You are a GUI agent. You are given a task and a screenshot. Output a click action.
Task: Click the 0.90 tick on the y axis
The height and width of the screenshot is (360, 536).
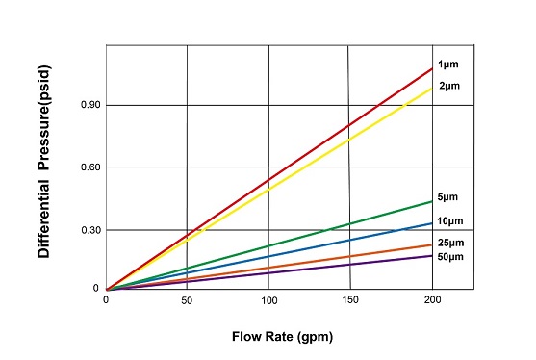90,105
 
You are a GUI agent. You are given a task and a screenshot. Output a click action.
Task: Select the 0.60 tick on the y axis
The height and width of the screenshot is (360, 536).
90,167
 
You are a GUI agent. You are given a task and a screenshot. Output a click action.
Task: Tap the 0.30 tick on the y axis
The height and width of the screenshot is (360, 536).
90,230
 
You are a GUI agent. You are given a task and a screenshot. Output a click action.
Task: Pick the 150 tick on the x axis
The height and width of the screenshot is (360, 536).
351,300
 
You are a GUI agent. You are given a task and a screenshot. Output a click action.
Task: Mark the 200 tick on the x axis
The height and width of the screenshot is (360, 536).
433,300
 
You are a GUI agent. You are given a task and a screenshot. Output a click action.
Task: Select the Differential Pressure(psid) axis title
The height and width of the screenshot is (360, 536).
44,170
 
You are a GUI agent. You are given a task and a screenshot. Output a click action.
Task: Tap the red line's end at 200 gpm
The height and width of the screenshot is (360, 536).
433,67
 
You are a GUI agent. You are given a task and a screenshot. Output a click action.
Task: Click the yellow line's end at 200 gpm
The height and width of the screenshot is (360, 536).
433,88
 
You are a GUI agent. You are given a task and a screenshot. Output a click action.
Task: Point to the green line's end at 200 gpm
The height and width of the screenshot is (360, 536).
433,200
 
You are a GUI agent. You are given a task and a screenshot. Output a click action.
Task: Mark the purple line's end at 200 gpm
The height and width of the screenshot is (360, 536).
433,255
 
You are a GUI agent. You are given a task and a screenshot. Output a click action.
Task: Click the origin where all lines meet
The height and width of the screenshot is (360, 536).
106,289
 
